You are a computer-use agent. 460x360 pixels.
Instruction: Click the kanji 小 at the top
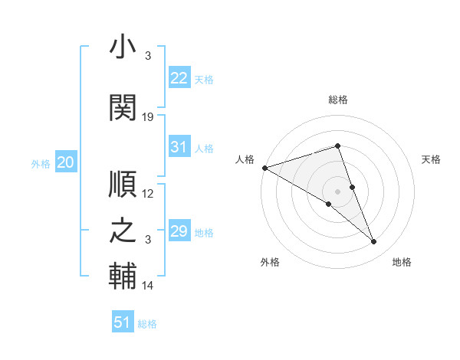click(x=123, y=48)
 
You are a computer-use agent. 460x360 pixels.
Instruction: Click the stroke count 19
click(x=149, y=117)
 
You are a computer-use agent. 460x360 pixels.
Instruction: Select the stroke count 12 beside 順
click(x=149, y=194)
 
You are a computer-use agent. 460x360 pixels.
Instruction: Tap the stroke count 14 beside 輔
click(x=149, y=286)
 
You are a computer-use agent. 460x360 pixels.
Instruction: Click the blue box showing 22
click(x=179, y=77)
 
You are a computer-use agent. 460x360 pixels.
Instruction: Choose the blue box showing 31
click(x=179, y=147)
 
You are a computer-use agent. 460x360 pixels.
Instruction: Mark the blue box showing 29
click(x=179, y=231)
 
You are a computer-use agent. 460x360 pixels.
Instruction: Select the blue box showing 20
click(x=66, y=162)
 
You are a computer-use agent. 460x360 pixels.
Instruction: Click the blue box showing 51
click(x=123, y=322)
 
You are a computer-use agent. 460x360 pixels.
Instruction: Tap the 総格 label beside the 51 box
click(x=147, y=324)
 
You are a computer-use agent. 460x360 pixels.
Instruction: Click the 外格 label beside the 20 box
click(x=41, y=163)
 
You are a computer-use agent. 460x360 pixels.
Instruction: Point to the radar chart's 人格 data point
click(x=264, y=167)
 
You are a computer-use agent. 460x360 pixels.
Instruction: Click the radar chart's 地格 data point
click(x=374, y=242)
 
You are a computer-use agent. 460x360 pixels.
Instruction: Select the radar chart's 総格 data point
click(x=337, y=146)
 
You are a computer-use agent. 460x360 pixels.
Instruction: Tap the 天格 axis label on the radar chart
click(x=431, y=159)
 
